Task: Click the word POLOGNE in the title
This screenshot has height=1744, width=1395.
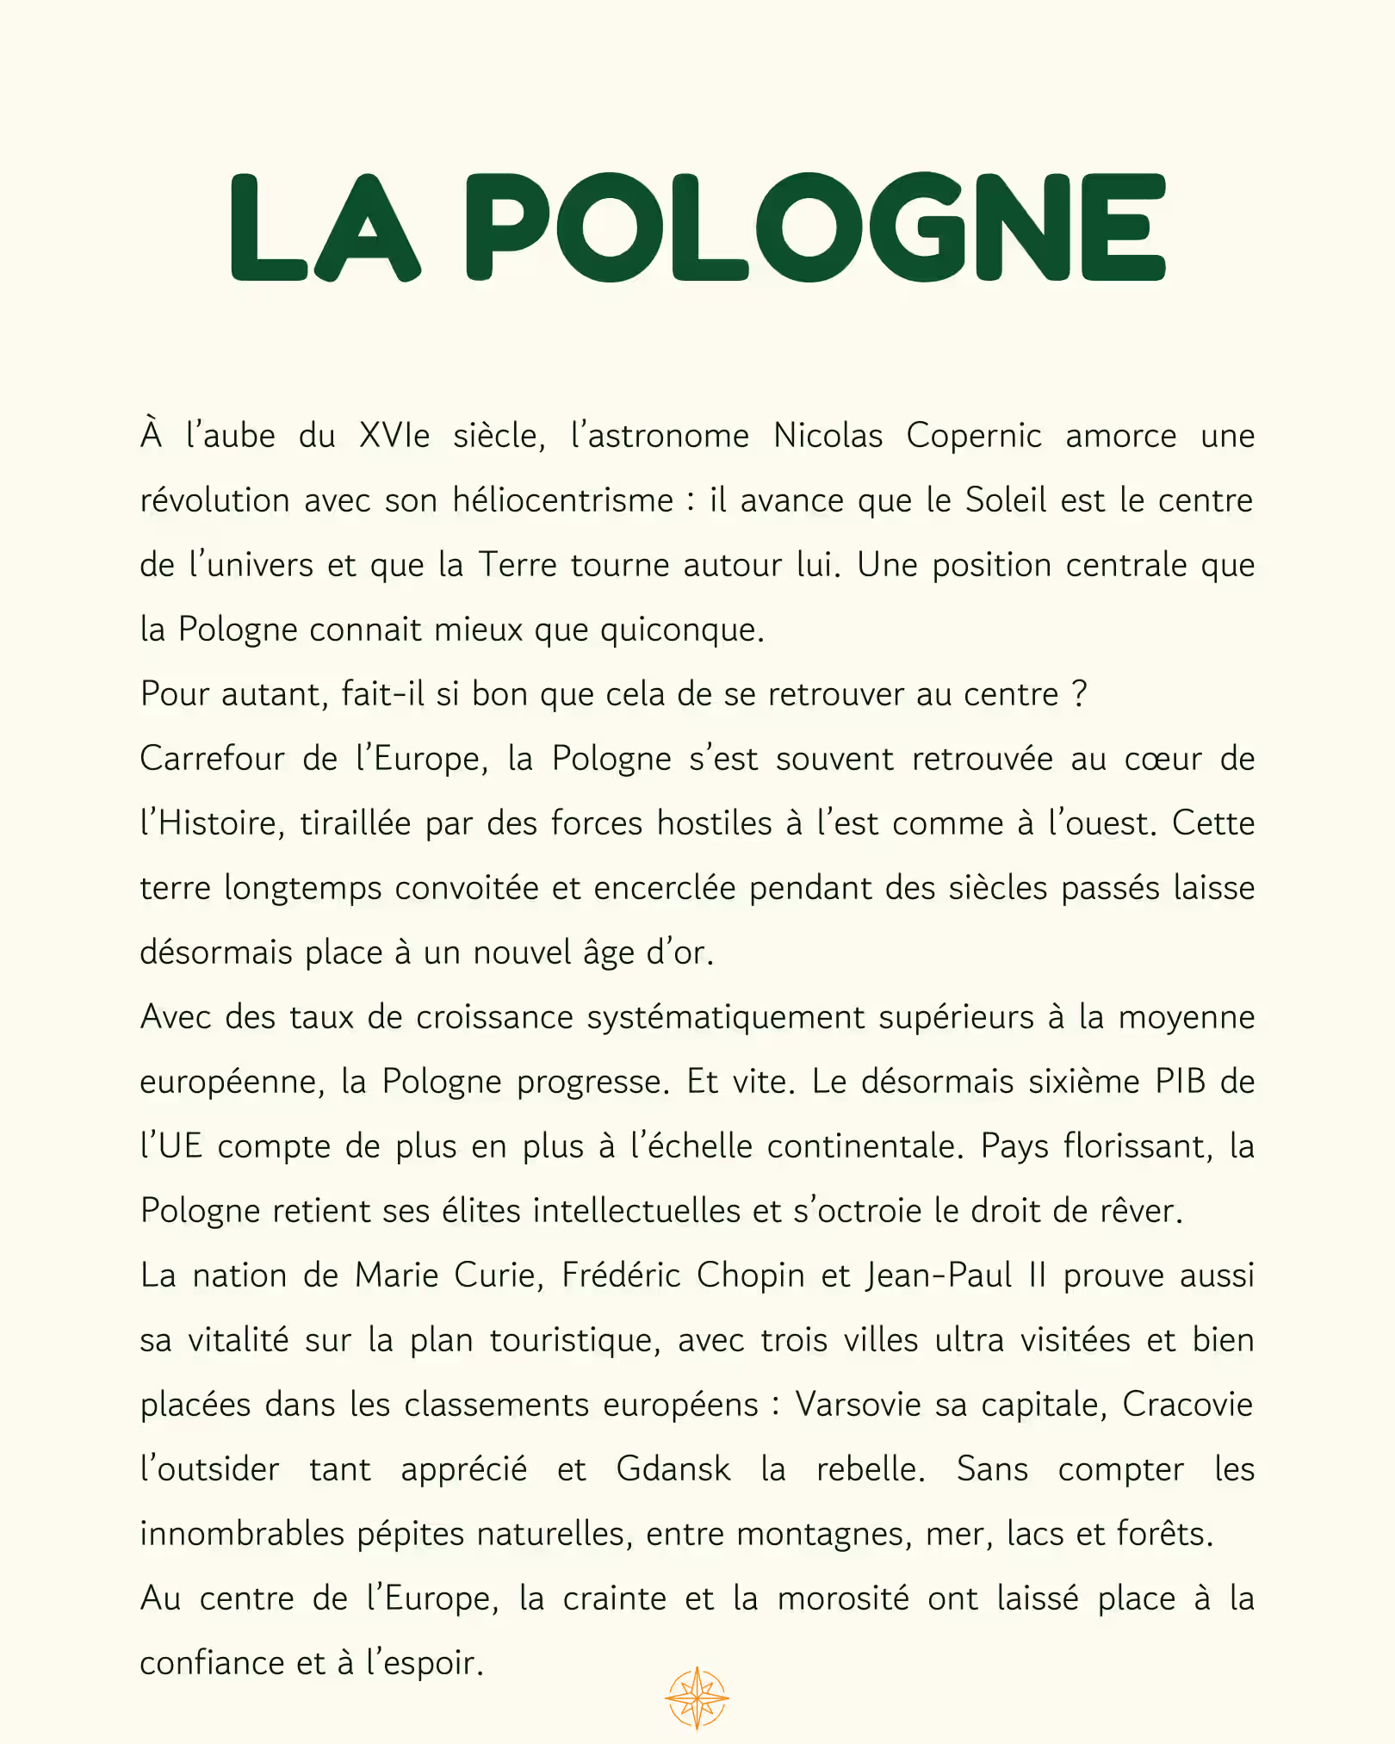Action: (815, 227)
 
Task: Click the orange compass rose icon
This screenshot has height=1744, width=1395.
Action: (697, 1697)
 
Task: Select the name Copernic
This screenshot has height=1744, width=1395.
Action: (974, 436)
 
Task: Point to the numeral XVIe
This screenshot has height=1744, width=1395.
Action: (394, 436)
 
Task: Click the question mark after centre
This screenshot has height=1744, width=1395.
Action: (1080, 694)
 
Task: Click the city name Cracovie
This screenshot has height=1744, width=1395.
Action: (1187, 1405)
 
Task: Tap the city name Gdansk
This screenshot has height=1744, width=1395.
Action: (673, 1469)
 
